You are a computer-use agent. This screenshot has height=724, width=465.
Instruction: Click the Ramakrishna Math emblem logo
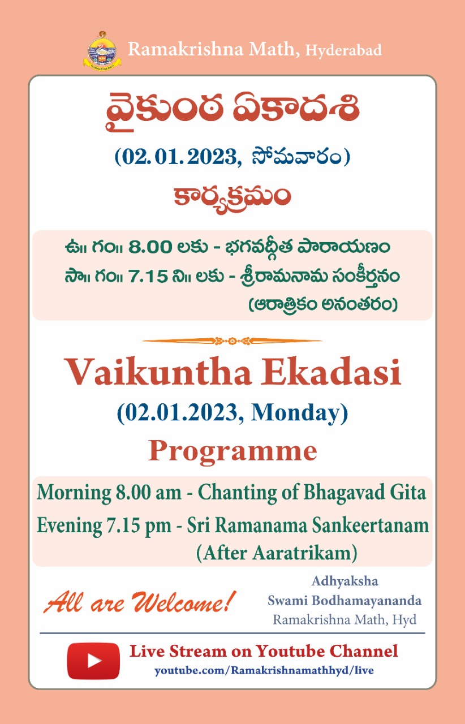(x=102, y=50)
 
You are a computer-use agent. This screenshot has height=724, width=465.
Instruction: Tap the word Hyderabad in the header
(x=343, y=51)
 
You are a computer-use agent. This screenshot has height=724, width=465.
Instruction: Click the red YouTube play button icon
(x=93, y=661)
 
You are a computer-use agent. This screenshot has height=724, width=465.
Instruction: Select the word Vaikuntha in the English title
(x=158, y=372)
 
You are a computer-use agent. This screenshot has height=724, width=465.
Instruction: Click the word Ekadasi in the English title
(x=331, y=372)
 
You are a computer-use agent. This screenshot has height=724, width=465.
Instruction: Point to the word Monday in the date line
(x=296, y=413)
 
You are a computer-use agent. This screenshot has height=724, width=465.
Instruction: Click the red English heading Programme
(x=232, y=452)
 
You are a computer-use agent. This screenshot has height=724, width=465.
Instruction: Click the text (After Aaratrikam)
(x=277, y=553)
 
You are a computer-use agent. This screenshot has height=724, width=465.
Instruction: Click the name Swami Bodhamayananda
(x=345, y=601)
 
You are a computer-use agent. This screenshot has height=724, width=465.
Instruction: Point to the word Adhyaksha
(x=345, y=581)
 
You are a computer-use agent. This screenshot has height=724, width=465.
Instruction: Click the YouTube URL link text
(x=264, y=670)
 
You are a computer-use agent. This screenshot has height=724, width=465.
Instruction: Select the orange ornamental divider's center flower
(x=232, y=341)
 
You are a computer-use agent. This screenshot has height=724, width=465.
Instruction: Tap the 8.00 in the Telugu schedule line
(x=150, y=247)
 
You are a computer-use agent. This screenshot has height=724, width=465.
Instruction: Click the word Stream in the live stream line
(x=198, y=651)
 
